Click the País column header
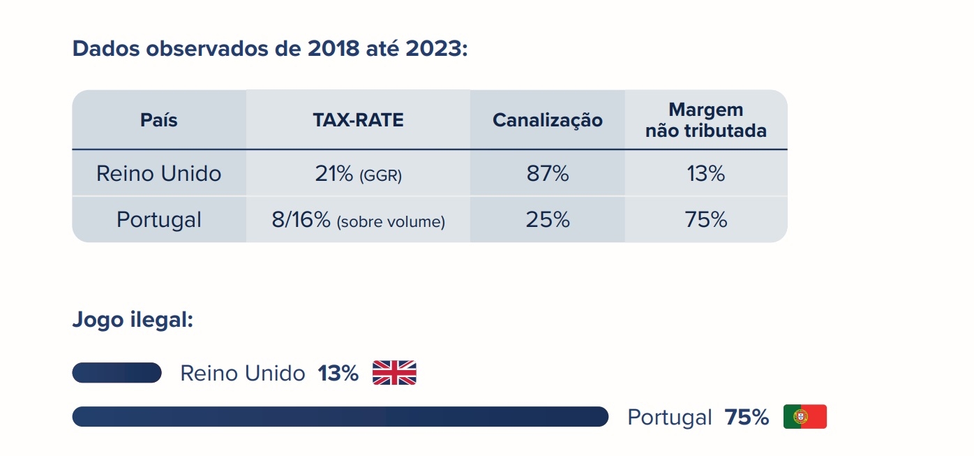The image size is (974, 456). tap(159, 120)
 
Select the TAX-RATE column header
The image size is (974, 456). tap(358, 120)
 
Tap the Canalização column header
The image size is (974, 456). tap(547, 120)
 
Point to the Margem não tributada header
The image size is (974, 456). tap(705, 120)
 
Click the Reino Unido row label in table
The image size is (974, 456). tap(159, 173)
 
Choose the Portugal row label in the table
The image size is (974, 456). tap(159, 220)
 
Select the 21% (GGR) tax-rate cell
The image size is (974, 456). tap(358, 174)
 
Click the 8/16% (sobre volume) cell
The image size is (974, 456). tap(358, 221)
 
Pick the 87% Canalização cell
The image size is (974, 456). tap(548, 174)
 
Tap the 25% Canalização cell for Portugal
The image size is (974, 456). tap(548, 220)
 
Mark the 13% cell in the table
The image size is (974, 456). tap(706, 174)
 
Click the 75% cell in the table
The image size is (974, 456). tap(706, 220)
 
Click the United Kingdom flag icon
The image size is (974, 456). tap(394, 373)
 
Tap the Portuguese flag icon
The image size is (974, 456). tap(804, 417)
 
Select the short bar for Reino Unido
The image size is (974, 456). tap(117, 373)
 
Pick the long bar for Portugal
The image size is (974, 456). tap(340, 417)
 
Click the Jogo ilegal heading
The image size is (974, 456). tap(133, 321)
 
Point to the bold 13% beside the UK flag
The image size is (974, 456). tap(338, 374)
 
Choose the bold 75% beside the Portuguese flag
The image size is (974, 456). tap(747, 418)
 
